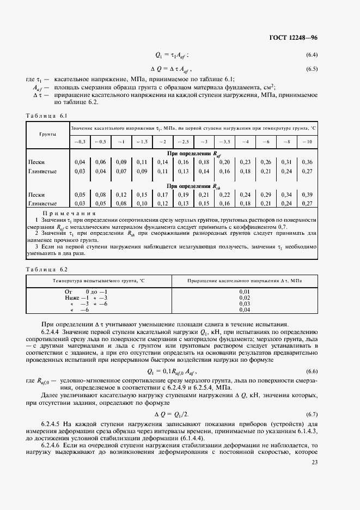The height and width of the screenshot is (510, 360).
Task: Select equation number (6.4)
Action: [312, 55]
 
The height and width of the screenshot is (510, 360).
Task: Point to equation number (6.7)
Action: [312, 415]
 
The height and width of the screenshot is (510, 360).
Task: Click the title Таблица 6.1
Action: [46, 116]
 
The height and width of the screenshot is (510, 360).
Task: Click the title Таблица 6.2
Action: [46, 269]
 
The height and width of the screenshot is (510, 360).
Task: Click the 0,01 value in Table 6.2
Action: [245, 292]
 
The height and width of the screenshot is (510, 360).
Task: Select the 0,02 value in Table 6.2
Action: [245, 298]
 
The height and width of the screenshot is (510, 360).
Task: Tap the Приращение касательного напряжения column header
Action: [245, 280]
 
